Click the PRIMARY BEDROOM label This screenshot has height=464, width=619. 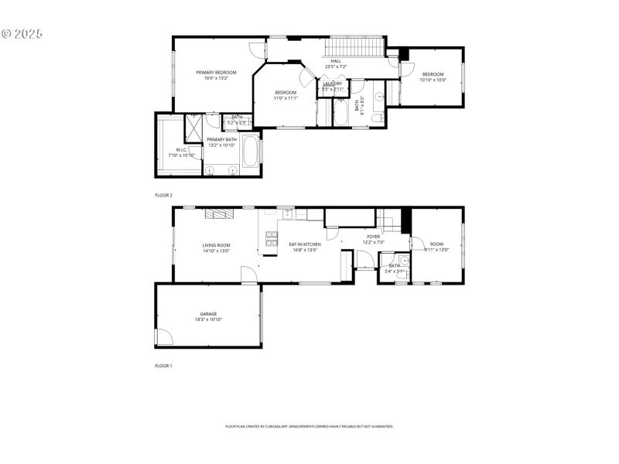coord(216,72)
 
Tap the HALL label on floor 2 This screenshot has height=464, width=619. coord(336,60)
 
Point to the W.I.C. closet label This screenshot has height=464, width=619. coord(181,150)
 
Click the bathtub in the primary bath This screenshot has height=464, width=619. coord(251,151)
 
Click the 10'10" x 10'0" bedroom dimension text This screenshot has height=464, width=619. coord(433,80)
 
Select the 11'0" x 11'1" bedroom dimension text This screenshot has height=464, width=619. coord(286,98)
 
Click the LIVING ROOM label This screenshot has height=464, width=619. coord(217,244)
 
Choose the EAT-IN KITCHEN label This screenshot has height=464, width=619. coord(305,244)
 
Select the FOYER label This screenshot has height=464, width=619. coord(374,237)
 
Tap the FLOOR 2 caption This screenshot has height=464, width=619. coord(163,195)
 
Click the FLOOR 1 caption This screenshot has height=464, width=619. coord(163,365)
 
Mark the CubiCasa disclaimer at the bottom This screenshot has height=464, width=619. coord(309,426)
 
